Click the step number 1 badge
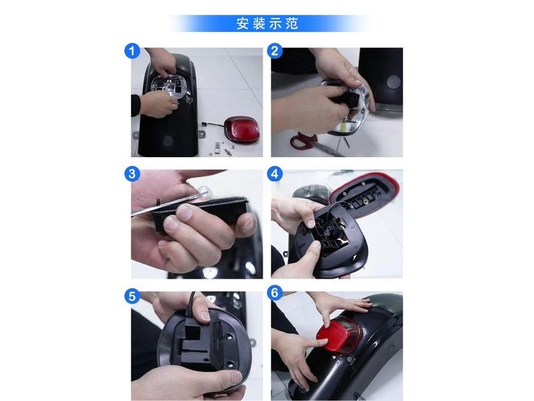tap(132, 51)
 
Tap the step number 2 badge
tap(275, 51)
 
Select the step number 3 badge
tap(132, 174)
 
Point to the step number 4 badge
tap(275, 174)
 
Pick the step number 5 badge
tap(132, 296)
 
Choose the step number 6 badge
tap(275, 293)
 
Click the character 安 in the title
tap(242, 23)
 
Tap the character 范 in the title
tap(292, 23)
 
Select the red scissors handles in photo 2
tap(303, 140)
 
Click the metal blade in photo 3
tap(170, 204)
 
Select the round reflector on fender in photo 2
tap(394, 82)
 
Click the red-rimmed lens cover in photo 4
tap(364, 191)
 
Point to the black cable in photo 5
tap(192, 303)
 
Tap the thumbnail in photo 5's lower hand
tap(236, 376)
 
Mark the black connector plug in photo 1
tap(204, 124)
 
